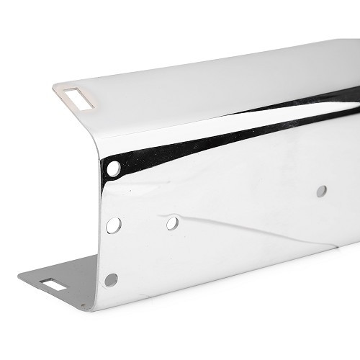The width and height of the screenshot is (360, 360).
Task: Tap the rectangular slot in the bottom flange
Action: pos(53,284)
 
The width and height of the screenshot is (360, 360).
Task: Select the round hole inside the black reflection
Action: pos(113,169)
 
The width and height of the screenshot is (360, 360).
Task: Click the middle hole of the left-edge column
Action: pos(113,225)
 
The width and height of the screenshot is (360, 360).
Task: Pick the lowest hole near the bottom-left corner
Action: pos(111,279)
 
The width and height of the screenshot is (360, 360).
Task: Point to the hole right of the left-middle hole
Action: pos(172,223)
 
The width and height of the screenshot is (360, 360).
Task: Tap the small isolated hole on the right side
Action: pos(321,191)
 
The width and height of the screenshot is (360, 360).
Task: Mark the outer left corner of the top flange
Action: pos(53,88)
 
